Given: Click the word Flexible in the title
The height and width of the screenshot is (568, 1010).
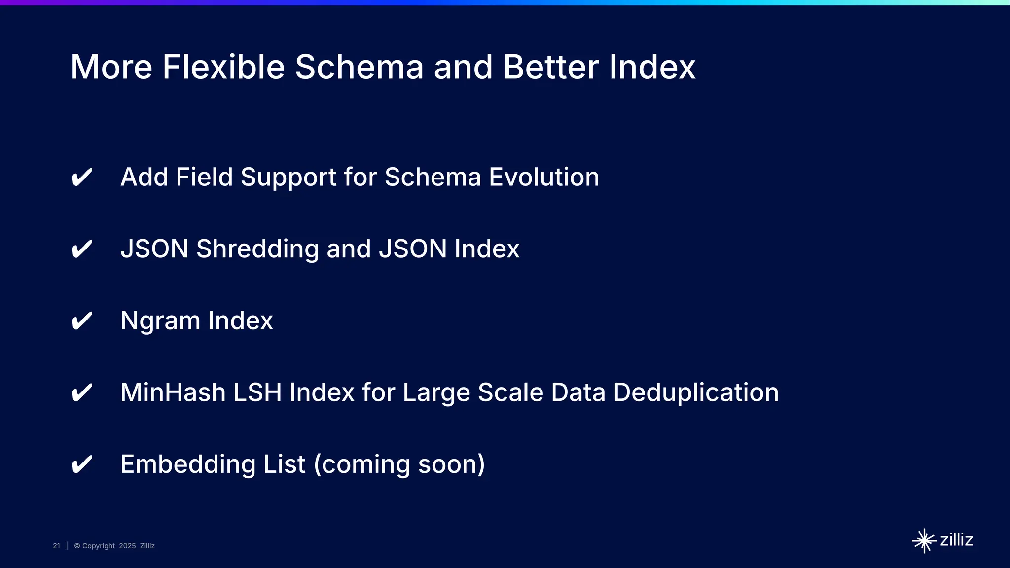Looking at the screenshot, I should [223, 67].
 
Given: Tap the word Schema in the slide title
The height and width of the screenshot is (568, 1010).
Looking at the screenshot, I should [359, 67].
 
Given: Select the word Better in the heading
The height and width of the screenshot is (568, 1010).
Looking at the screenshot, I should [551, 67].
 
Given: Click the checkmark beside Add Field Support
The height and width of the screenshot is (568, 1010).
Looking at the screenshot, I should [82, 177].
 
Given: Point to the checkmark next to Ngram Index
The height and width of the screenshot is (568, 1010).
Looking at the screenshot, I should [82, 321].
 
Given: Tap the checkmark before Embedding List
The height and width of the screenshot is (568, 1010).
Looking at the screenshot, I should [82, 465].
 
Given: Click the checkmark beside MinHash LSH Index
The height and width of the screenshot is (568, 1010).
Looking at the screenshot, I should [82, 393].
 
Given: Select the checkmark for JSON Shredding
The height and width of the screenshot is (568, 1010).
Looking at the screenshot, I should [82, 249].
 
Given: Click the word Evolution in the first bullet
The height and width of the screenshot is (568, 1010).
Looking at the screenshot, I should [544, 177].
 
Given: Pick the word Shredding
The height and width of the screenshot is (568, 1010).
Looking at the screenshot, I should [257, 249].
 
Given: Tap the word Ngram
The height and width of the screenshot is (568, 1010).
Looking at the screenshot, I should [160, 321].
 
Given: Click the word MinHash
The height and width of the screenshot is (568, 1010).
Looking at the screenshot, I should [173, 392].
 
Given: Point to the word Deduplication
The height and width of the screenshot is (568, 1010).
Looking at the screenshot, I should [696, 392].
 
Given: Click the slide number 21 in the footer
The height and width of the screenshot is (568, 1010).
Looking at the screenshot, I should [56, 546].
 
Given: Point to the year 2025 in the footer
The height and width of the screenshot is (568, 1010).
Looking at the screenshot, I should [127, 546].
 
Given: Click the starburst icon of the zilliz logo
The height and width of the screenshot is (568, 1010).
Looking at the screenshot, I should [924, 541].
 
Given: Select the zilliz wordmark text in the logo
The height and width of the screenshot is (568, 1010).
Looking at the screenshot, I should [956, 540].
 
